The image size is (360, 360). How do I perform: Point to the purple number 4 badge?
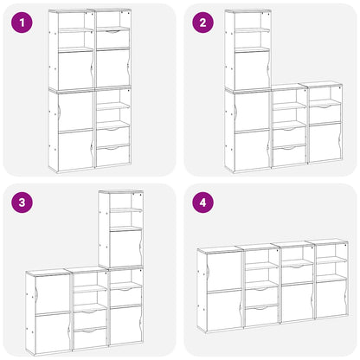tap(203, 204)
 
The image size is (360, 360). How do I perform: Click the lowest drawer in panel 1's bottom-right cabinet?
tap(112, 156)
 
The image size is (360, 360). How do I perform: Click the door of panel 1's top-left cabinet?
tap(75, 68)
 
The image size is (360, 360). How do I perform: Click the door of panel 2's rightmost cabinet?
tap(325, 143)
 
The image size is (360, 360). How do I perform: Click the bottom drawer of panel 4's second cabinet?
tap(260, 313)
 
